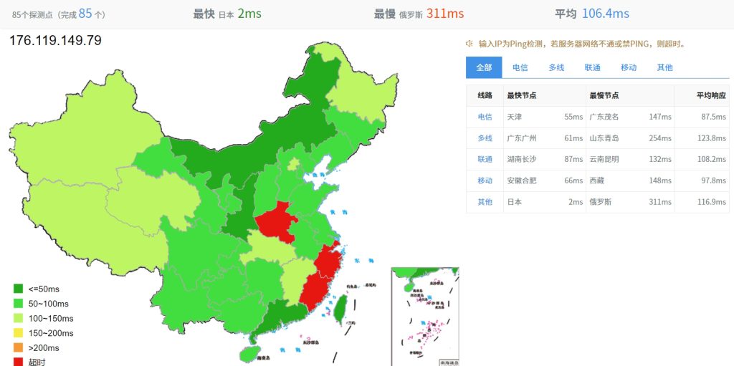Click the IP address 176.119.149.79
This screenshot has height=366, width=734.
pyautogui.click(x=55, y=40)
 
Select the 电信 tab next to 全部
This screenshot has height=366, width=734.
pyautogui.click(x=520, y=67)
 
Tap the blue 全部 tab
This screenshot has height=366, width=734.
pyautogui.click(x=484, y=67)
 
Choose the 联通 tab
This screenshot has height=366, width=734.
pyautogui.click(x=592, y=67)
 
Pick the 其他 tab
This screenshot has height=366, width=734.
pyautogui.click(x=664, y=67)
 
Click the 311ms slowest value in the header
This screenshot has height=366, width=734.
pyautogui.click(x=445, y=14)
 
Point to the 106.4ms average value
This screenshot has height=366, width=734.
pyautogui.click(x=605, y=14)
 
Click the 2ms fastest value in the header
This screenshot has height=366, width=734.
pyautogui.click(x=249, y=14)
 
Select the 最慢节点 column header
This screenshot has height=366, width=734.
pyautogui.click(x=604, y=95)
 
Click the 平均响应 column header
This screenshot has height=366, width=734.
pyautogui.click(x=711, y=95)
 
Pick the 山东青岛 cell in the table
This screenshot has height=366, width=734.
pyautogui.click(x=604, y=138)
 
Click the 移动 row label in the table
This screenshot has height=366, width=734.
pyautogui.click(x=485, y=180)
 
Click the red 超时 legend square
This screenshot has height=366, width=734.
pyautogui.click(x=19, y=362)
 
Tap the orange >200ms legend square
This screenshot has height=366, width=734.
pyautogui.click(x=19, y=348)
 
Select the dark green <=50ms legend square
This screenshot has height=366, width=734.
pyautogui.click(x=19, y=289)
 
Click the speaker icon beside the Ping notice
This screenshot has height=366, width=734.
pyautogui.click(x=470, y=44)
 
